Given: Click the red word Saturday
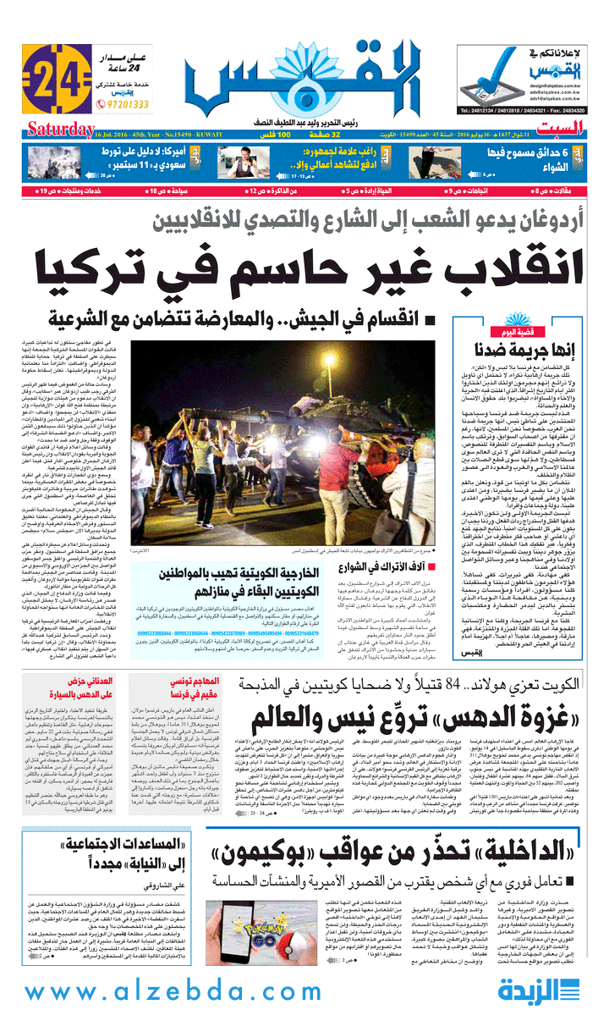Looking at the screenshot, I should pos(59,130).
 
